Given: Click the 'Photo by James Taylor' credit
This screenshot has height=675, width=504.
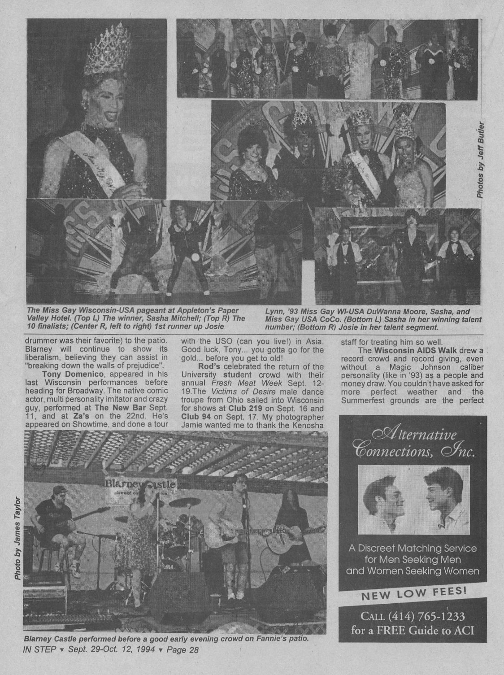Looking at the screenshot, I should click(17, 538).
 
